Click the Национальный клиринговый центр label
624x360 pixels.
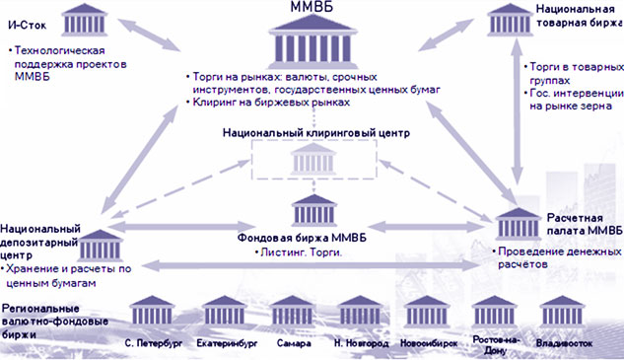pos(315,132)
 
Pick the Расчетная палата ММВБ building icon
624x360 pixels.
pos(516,226)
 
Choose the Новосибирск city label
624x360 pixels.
pos(428,344)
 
